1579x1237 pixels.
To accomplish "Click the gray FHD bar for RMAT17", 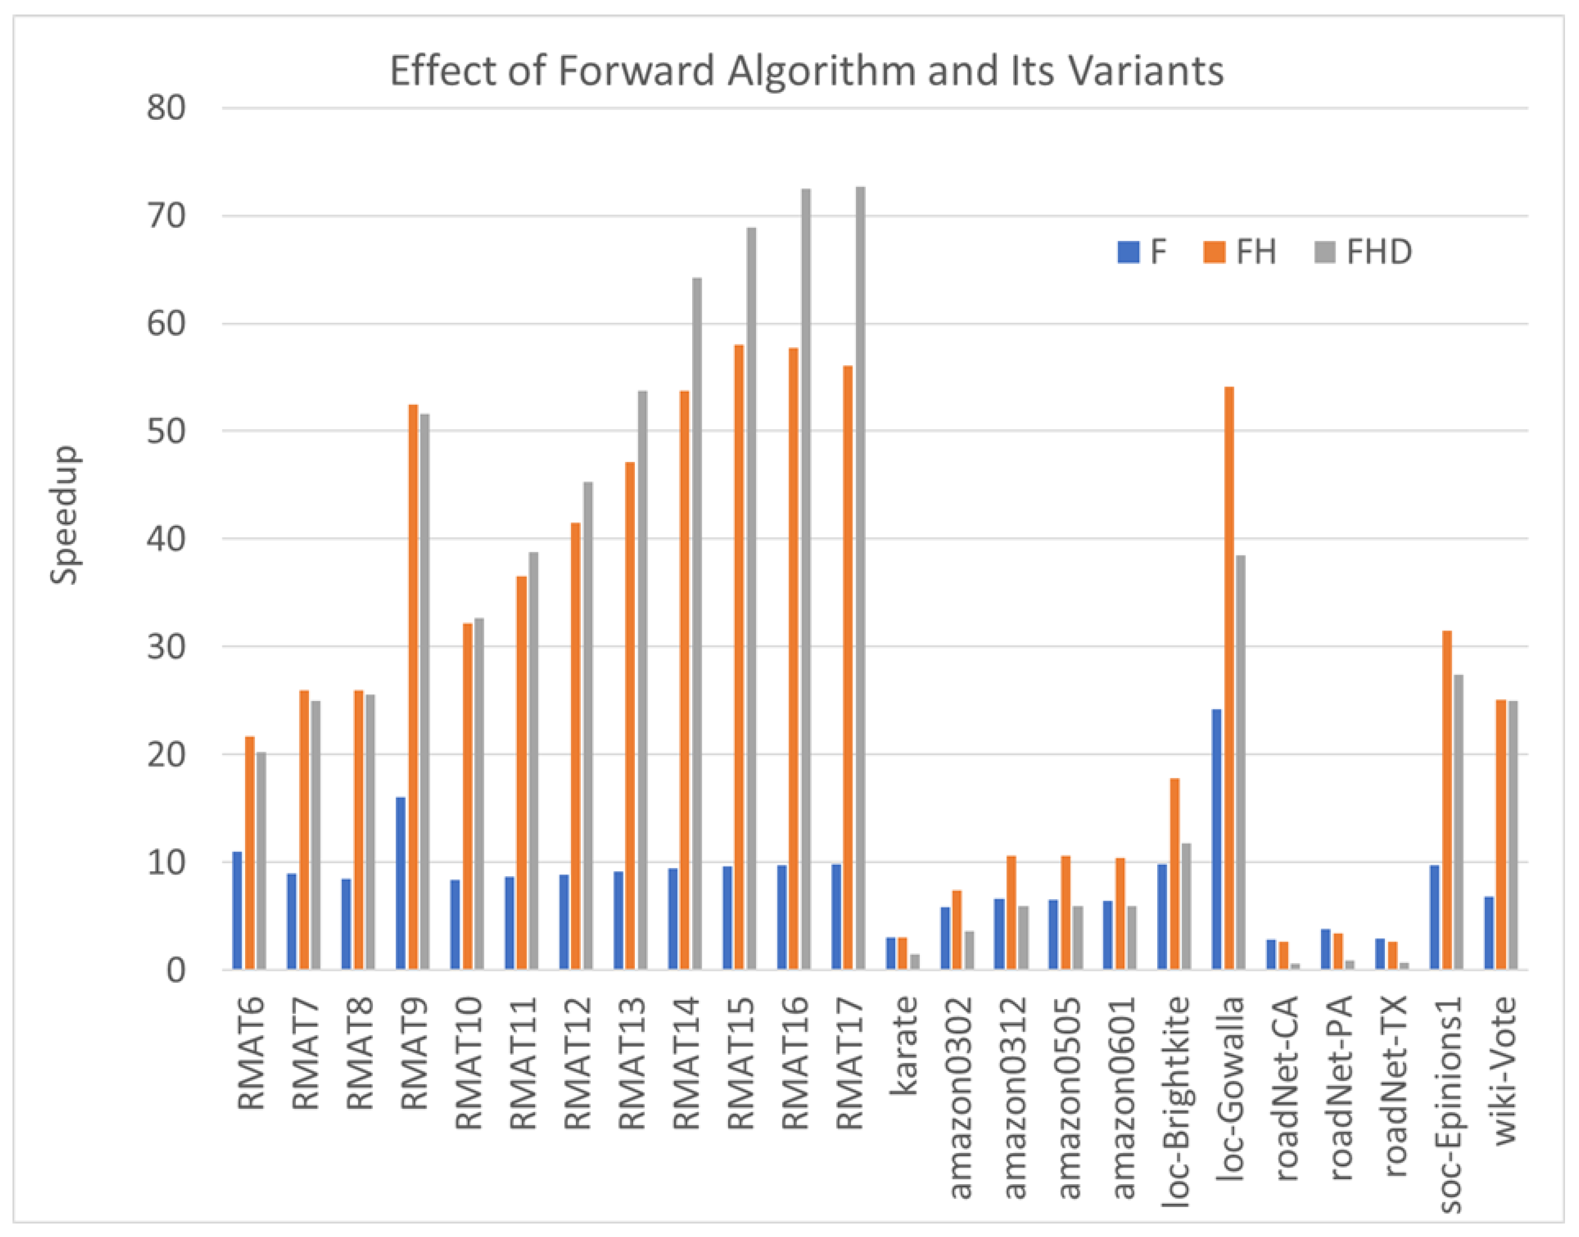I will coord(860,579).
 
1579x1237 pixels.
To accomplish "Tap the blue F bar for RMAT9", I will coord(401,884).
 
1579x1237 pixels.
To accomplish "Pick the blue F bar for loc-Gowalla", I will coord(1217,840).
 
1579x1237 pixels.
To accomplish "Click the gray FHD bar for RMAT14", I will coord(697,623).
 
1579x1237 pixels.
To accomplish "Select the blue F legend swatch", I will coord(1128,252).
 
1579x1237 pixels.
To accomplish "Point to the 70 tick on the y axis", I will coord(167,216).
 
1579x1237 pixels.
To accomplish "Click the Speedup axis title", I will coord(64,514).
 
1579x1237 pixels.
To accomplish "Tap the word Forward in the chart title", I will coord(637,71).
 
